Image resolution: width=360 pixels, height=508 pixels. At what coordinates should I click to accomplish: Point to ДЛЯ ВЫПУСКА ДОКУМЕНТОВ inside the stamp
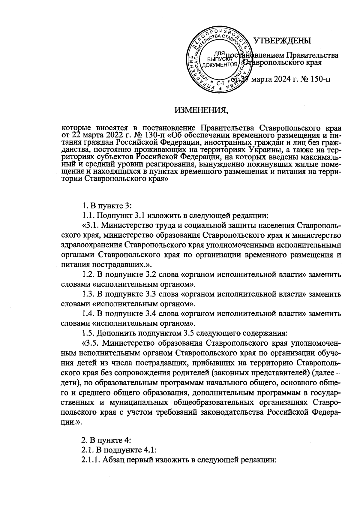[x=218, y=59]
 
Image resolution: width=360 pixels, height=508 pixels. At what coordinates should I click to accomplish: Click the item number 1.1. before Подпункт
[x=88, y=215]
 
